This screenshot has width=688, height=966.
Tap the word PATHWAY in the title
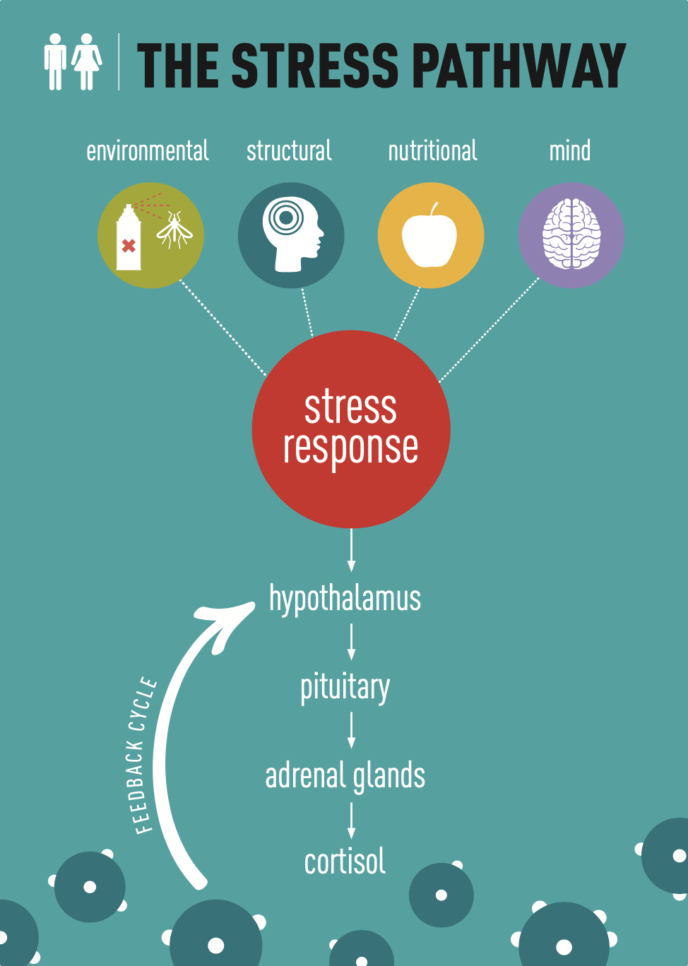point(518,66)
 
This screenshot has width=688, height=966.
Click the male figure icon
point(55,62)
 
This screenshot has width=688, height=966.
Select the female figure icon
point(87,62)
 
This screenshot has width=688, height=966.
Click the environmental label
point(147,151)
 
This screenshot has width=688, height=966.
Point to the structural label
point(289,151)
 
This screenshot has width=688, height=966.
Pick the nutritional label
point(432,151)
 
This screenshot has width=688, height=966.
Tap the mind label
point(570,151)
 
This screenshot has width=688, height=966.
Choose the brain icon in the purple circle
point(571,235)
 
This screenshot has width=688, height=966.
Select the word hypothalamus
point(345,599)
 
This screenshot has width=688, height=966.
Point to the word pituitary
point(345,687)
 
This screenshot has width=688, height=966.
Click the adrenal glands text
point(345,775)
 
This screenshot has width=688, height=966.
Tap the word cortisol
point(345,862)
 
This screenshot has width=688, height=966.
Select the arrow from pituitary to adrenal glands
point(351,730)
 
